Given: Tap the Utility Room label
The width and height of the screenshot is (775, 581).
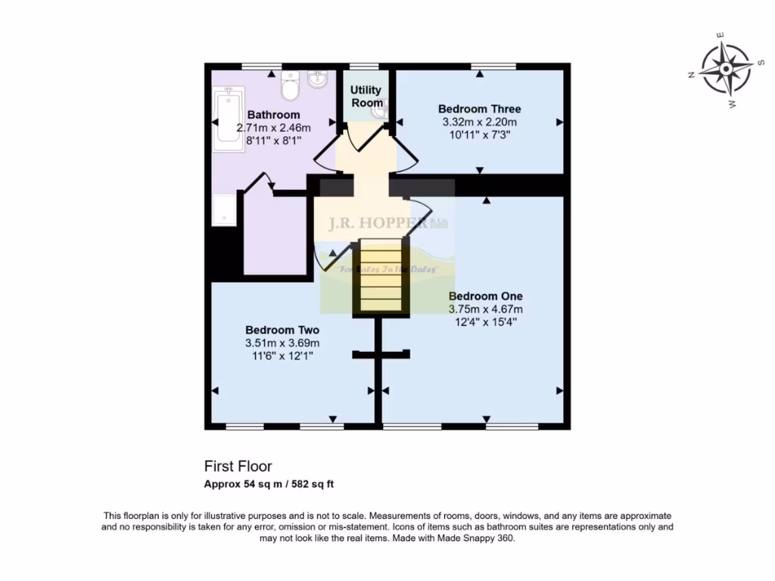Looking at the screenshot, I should (366, 96).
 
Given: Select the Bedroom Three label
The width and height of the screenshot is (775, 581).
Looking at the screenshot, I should (479, 109).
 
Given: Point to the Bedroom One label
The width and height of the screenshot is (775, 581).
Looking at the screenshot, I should (485, 296).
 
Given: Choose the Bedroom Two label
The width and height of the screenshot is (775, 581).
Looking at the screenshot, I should (282, 330).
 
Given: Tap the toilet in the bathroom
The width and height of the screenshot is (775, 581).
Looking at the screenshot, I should (290, 86).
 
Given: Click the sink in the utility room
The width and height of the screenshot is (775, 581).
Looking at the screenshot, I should (380, 110).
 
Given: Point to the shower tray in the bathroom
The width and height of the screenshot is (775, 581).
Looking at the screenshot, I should (224, 210).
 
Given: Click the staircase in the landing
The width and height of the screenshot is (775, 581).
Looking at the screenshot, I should (380, 278).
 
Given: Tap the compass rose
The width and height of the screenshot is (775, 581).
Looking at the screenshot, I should (724, 70).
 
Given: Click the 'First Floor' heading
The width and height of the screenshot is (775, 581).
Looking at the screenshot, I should (238, 466).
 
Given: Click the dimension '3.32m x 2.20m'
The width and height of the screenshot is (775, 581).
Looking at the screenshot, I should (479, 122).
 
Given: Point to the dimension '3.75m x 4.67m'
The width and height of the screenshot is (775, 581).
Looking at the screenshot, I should (485, 309).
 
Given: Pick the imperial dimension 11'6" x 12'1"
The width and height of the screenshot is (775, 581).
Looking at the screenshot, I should (282, 356).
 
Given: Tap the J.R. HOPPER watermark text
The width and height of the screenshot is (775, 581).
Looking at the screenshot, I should (377, 223).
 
